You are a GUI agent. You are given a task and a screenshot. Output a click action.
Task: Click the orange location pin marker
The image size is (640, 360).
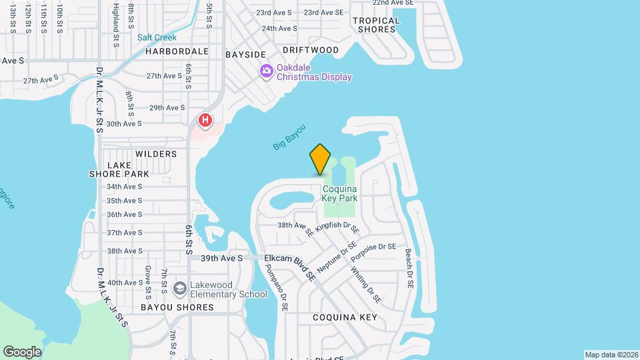[321, 159]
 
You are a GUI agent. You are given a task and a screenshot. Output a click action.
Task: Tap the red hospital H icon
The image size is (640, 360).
[205, 121]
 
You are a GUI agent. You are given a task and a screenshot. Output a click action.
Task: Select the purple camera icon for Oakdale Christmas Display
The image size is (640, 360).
[267, 71]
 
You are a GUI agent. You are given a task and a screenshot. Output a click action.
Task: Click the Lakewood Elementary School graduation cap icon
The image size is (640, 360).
[179, 288]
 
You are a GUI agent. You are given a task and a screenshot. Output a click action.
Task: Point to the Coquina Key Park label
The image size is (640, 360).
[340, 193]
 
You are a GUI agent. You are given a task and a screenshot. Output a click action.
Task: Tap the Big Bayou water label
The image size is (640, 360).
[289, 137]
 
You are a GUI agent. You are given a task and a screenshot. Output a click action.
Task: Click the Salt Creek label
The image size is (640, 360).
[157, 37]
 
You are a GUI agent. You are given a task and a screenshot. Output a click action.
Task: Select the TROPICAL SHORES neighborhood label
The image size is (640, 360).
[378, 25]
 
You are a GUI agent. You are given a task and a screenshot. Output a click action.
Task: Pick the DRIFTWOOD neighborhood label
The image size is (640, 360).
[311, 50]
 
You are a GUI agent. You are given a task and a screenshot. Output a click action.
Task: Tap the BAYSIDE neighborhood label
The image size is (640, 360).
[245, 54]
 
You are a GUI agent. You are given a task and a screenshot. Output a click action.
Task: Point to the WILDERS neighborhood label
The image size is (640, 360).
[156, 154]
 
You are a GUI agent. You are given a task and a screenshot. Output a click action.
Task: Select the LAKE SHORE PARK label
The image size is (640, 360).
[119, 169]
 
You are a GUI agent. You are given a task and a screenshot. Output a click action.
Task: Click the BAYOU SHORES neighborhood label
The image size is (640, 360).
[177, 307]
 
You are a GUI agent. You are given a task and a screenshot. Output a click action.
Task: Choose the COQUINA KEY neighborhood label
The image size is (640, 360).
[345, 317]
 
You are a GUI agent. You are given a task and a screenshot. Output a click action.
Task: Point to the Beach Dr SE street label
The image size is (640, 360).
[409, 269]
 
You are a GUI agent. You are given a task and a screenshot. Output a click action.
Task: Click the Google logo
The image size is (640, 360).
[22, 352]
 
